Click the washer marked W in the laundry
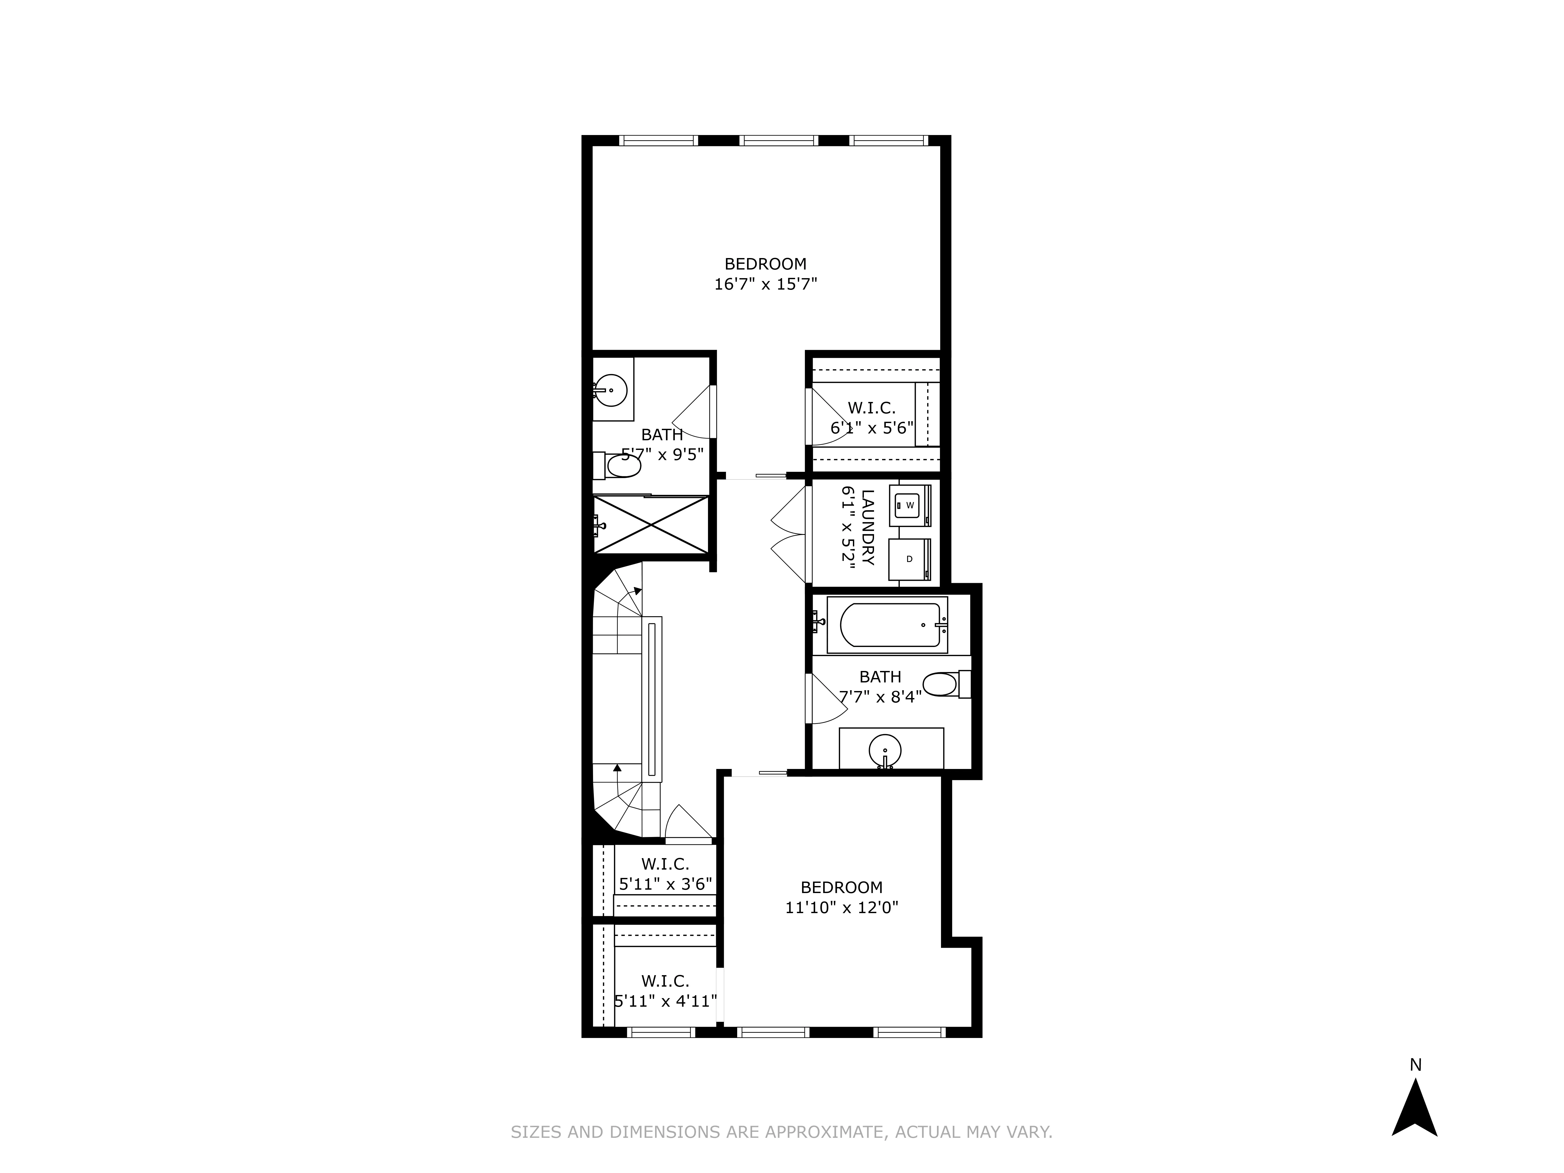tap(909, 505)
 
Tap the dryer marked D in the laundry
tap(909, 559)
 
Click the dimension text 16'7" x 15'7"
tap(766, 284)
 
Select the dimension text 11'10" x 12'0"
tap(841, 907)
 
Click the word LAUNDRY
tap(868, 527)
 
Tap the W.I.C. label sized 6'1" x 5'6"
tap(872, 408)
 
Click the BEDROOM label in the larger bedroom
tap(766, 264)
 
